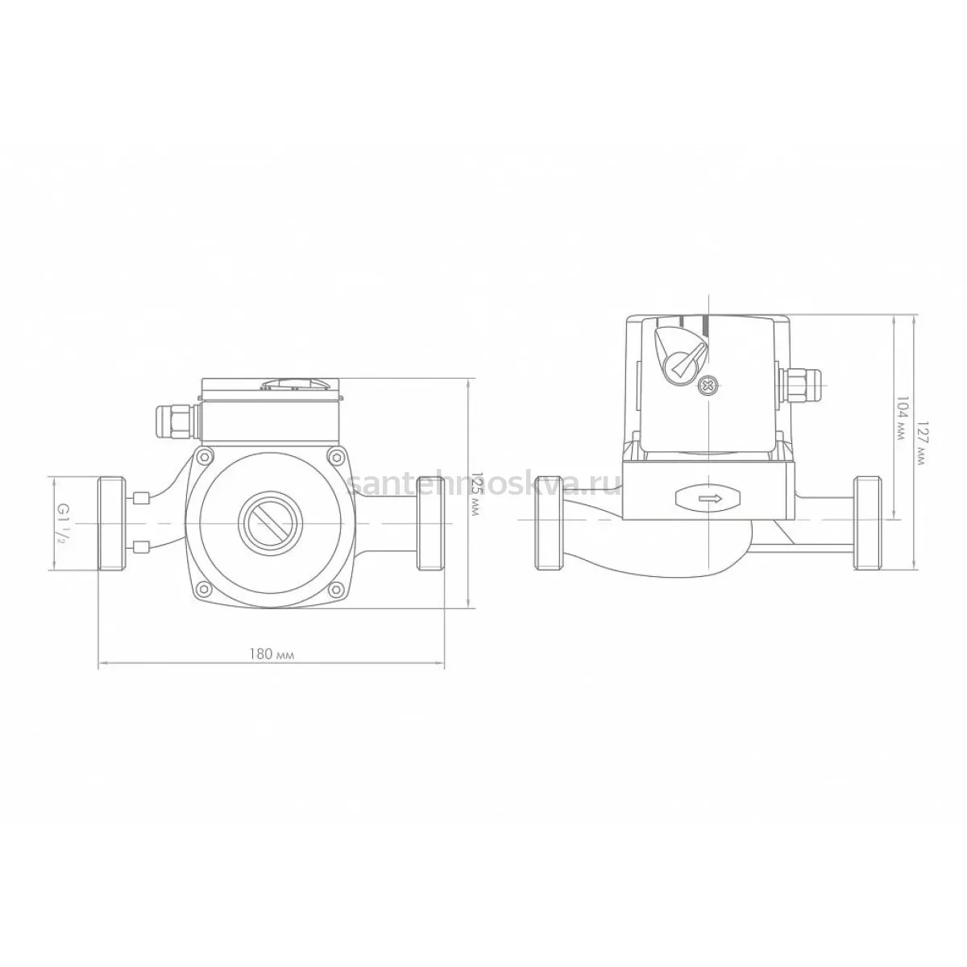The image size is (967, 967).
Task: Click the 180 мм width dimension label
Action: [272, 654]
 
